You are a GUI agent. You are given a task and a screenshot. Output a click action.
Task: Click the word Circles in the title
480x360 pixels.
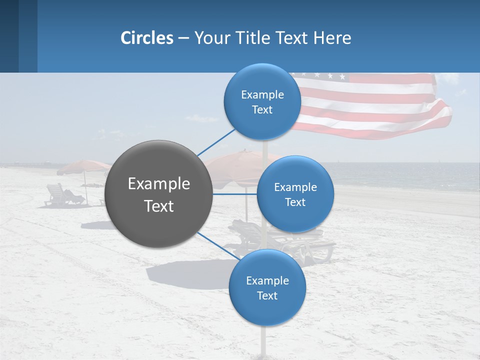click(147, 38)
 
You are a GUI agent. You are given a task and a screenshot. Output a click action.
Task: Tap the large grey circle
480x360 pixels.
click(159, 194)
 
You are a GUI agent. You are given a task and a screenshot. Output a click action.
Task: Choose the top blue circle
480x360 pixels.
click(262, 101)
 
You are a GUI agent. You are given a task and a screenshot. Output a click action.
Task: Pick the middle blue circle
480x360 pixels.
click(295, 194)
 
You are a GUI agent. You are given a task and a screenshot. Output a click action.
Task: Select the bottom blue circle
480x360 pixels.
click(267, 287)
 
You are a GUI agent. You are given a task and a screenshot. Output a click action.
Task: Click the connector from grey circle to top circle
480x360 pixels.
click(216, 142)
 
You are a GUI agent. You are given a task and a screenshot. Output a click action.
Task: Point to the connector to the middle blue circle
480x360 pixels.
click(235, 194)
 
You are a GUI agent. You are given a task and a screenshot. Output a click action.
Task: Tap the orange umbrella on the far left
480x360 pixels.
click(82, 166)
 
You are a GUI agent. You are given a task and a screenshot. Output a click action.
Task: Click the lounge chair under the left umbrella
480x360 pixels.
click(62, 195)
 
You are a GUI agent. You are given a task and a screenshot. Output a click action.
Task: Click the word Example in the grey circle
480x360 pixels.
click(159, 183)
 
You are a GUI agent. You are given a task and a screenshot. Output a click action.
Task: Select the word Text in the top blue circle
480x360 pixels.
click(262, 110)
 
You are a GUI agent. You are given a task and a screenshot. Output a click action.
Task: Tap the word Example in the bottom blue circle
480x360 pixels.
click(267, 280)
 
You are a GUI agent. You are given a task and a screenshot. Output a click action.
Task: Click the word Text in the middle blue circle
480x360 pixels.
click(295, 202)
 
